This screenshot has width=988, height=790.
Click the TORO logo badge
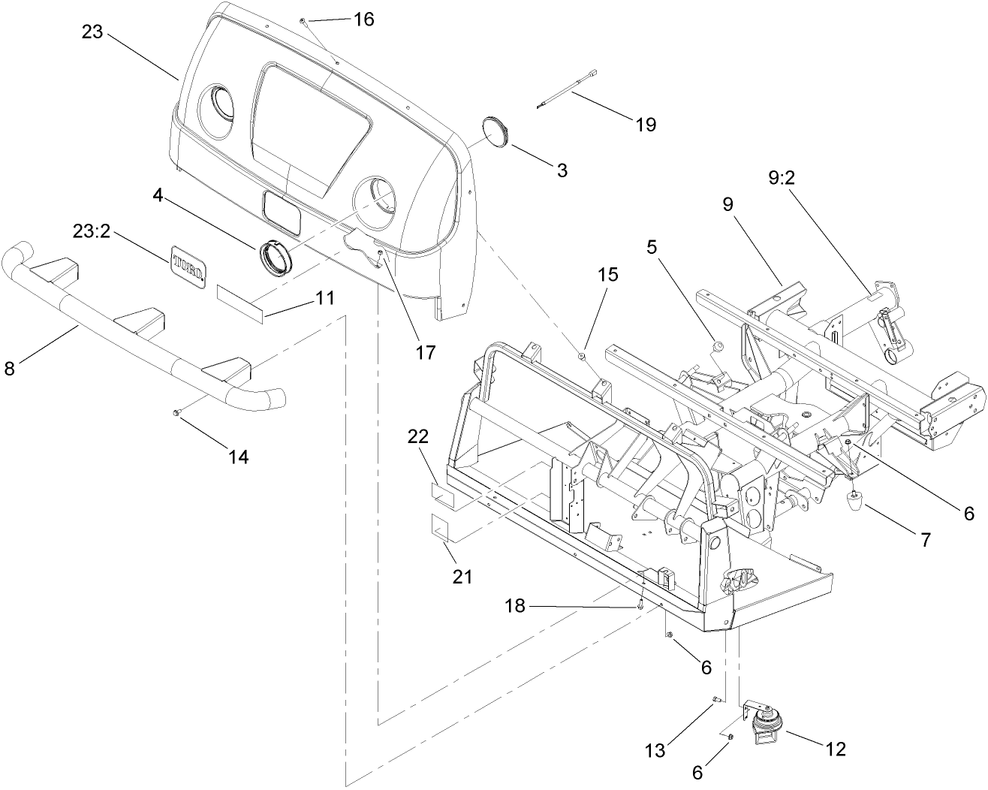click(189, 266)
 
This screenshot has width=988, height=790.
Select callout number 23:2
click(92, 232)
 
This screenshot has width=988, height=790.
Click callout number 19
click(646, 124)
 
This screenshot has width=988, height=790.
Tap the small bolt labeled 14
click(176, 412)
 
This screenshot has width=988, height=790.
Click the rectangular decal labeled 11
click(241, 302)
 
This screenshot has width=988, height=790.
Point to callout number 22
click(417, 436)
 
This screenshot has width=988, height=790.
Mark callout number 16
click(363, 20)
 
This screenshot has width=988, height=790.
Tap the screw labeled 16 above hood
click(302, 22)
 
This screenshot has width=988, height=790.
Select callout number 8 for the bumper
click(9, 369)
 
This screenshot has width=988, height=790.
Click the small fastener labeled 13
click(717, 700)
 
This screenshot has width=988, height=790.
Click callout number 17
click(426, 351)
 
